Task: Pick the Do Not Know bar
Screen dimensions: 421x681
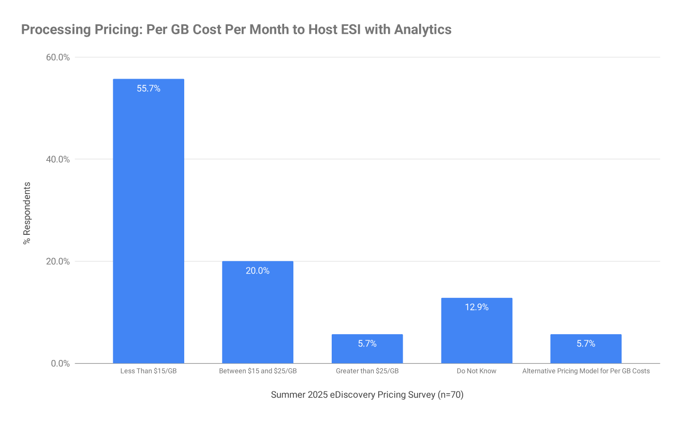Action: tap(477, 330)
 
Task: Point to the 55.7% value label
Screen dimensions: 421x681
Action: tap(149, 88)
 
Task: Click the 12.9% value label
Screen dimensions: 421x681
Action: tap(477, 307)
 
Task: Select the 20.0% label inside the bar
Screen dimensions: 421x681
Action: tap(258, 270)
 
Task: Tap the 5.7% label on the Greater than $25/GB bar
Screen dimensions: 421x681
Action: tap(367, 343)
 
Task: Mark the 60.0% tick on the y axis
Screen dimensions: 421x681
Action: tap(58, 57)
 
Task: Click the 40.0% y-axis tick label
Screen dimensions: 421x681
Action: tap(58, 159)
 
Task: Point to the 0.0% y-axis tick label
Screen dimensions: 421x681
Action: tap(60, 364)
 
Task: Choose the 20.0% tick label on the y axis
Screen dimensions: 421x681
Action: tap(58, 261)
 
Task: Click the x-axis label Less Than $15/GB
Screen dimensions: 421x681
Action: tap(149, 371)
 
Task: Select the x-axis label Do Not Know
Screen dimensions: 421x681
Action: tap(477, 371)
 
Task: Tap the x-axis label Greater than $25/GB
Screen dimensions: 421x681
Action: tap(367, 371)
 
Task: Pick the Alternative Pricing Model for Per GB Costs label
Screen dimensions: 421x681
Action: tap(586, 371)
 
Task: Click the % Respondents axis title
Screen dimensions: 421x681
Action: tap(27, 213)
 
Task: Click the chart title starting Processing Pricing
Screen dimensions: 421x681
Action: tap(236, 29)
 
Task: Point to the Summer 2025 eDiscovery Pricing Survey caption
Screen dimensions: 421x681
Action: tap(367, 395)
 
